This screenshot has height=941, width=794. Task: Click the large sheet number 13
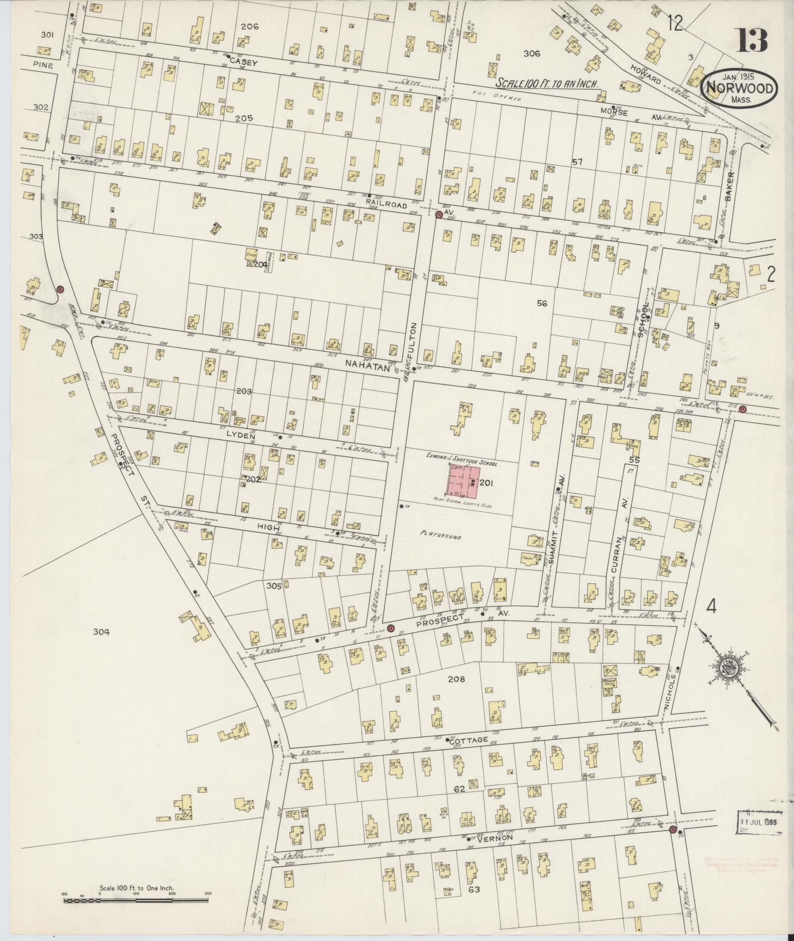[x=751, y=40]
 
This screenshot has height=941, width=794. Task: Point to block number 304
[x=102, y=632]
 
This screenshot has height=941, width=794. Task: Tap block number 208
[x=456, y=679]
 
